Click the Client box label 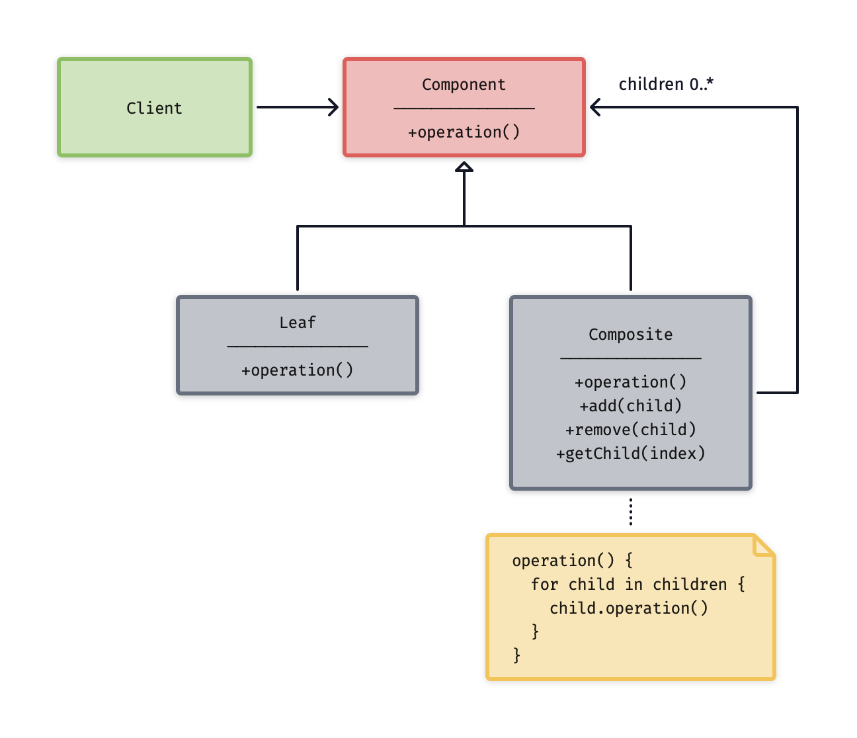154,108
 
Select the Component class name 464,85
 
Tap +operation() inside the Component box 464,132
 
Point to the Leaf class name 298,323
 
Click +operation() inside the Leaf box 298,370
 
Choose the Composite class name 630,335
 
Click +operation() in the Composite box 630,382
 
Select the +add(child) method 630,406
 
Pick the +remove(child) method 630,430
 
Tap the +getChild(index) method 630,454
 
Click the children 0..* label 666,85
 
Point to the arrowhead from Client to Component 333,107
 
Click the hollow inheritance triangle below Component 464,167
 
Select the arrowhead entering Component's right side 595,107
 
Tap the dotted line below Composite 631,512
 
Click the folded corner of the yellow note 764,546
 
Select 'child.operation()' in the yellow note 628,608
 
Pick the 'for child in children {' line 637,585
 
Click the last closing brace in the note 516,655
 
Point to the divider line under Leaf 298,346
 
